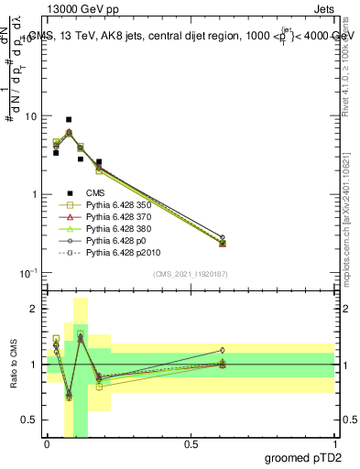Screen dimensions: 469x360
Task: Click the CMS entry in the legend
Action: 96,193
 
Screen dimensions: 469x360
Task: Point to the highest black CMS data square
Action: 69,119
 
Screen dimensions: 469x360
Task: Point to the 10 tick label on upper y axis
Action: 31,117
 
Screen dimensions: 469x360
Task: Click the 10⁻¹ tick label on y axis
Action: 29,272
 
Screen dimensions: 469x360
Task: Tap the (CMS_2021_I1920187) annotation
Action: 191,274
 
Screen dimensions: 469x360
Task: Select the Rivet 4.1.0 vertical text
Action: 345,69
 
